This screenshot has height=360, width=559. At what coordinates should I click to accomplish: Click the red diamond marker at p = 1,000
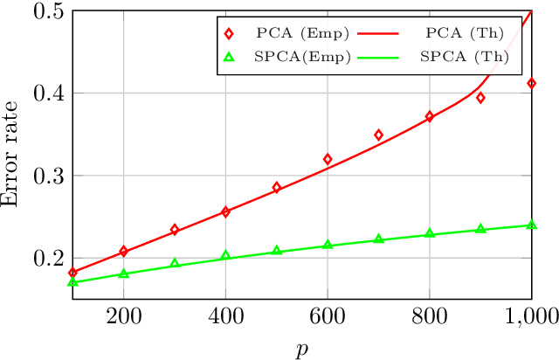click(531, 83)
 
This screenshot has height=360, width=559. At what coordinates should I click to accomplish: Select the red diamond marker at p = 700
click(378, 135)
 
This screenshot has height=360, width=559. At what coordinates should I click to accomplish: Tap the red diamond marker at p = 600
click(328, 159)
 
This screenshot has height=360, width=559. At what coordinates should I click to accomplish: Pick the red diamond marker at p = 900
click(480, 98)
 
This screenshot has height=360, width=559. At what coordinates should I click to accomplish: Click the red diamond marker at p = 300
click(175, 230)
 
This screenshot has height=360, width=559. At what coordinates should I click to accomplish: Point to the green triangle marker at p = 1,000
click(531, 225)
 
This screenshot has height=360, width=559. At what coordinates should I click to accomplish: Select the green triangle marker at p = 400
click(225, 255)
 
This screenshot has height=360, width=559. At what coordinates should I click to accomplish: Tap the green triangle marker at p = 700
click(378, 239)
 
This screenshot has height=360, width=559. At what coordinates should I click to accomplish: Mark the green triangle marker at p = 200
click(123, 273)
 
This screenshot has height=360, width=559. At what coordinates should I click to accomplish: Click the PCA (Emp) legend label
click(292, 34)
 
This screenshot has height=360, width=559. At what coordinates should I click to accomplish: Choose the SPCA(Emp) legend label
click(292, 57)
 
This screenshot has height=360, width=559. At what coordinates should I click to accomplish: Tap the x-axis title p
click(302, 348)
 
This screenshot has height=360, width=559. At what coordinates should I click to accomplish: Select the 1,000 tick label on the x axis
click(531, 316)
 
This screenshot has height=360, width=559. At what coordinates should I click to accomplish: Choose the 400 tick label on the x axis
click(225, 316)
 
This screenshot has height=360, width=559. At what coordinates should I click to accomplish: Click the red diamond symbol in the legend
click(230, 34)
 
